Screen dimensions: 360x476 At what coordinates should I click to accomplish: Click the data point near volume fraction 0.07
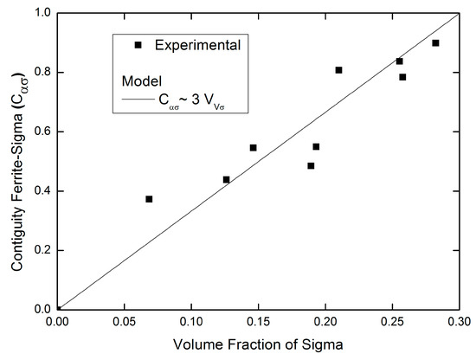click(x=149, y=199)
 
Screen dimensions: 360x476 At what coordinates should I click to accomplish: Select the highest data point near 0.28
click(x=435, y=42)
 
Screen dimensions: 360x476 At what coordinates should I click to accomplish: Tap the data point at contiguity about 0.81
click(x=338, y=70)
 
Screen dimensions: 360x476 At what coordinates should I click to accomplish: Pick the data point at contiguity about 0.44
click(x=227, y=179)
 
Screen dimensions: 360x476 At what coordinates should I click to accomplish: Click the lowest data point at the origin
click(x=58, y=308)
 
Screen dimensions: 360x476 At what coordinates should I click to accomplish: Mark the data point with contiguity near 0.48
click(x=311, y=165)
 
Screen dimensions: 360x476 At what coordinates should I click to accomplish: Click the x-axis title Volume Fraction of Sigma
click(x=257, y=347)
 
